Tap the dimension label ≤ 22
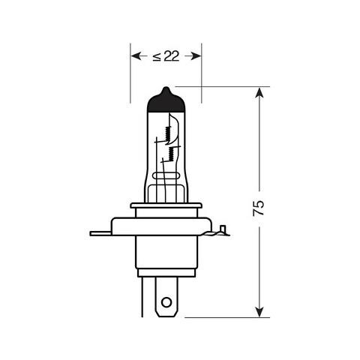(166, 56)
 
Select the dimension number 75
(259, 208)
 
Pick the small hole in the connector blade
(166, 304)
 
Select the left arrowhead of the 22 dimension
(136, 55)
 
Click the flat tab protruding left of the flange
(100, 233)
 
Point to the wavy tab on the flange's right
(222, 232)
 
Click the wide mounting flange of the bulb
(166, 225)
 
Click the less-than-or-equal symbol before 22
(156, 56)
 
